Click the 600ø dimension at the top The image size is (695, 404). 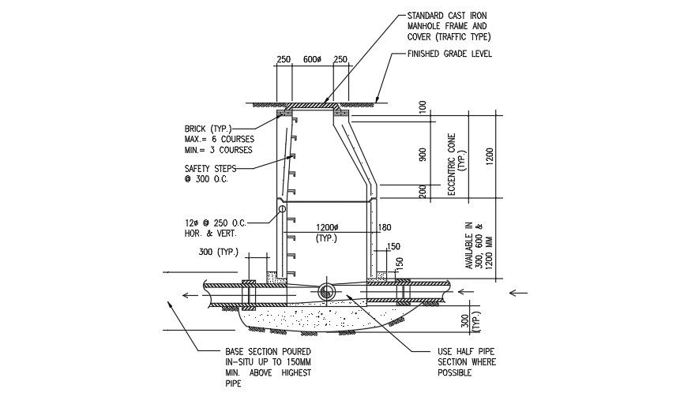[312, 60]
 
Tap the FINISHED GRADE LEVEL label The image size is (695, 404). [449, 54]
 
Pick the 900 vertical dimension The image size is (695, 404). [424, 154]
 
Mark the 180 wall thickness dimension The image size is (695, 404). [385, 229]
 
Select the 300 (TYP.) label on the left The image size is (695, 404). [219, 252]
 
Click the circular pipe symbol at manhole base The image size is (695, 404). [327, 292]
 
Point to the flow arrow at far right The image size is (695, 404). [518, 293]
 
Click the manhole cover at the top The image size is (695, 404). [314, 105]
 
